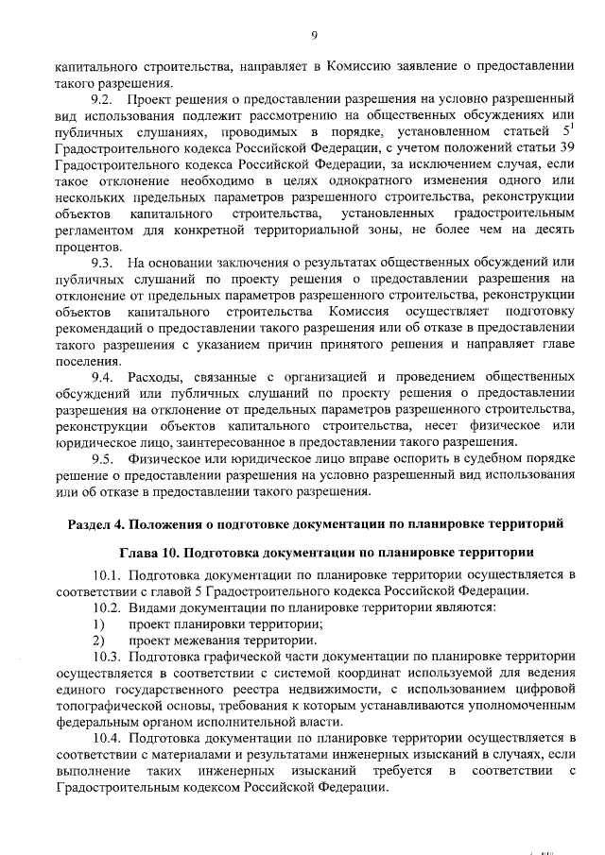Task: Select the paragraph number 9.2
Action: pos(102,99)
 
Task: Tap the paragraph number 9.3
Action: pos(102,262)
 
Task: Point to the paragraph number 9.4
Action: pos(102,376)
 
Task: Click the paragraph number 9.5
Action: pos(102,458)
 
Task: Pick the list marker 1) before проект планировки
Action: pos(97,623)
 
